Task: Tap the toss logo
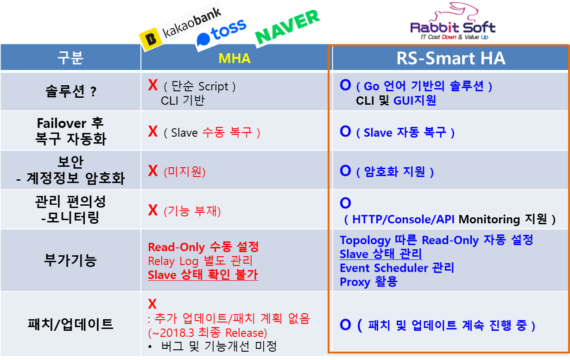click(x=222, y=33)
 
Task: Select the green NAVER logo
click(x=287, y=27)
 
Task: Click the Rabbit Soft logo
click(x=453, y=21)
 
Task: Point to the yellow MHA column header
click(x=234, y=58)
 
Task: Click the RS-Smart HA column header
click(x=450, y=58)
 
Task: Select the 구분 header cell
click(x=70, y=58)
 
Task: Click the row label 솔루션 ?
click(x=71, y=91)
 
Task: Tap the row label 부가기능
click(x=70, y=260)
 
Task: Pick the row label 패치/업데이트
click(x=70, y=324)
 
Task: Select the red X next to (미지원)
click(x=152, y=171)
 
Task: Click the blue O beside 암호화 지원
click(x=345, y=171)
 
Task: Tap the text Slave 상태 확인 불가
click(x=203, y=275)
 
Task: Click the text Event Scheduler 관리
click(x=397, y=268)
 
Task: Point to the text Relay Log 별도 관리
click(x=200, y=261)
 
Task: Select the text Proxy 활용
click(x=368, y=282)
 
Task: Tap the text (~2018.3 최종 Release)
click(x=208, y=333)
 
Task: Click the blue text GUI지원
click(x=415, y=101)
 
